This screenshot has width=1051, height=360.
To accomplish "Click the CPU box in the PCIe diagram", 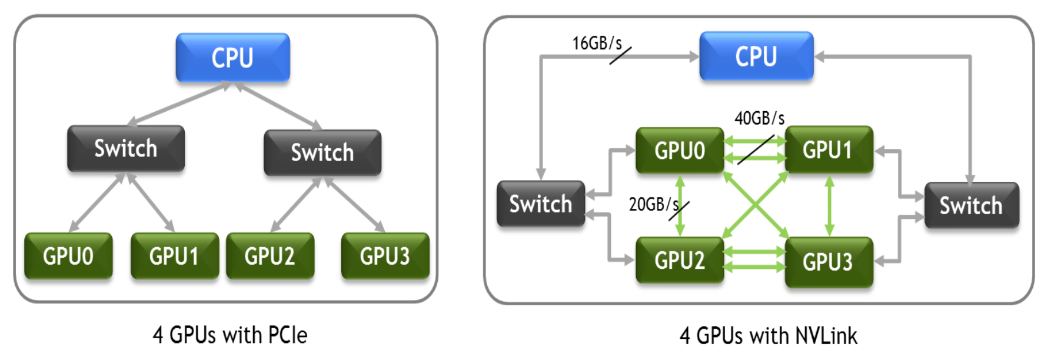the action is point(233,57).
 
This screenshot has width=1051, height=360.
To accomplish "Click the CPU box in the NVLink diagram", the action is point(757,56).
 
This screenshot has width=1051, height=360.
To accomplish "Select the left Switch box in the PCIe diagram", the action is point(126,148).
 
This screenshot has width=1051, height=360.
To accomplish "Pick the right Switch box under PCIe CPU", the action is point(322,152).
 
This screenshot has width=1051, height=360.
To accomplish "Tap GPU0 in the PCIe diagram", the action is point(68,256).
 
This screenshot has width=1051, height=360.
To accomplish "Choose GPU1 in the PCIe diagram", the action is point(175,256).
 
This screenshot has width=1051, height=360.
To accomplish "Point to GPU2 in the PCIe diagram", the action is point(270,256).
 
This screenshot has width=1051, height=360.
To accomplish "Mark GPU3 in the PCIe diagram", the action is point(385,256).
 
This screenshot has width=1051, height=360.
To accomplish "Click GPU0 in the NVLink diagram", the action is point(680,151).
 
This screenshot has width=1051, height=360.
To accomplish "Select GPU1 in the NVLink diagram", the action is point(829,149).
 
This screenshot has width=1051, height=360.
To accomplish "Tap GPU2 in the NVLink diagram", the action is point(680,260).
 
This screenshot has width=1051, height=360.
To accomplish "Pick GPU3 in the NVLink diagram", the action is point(829,262).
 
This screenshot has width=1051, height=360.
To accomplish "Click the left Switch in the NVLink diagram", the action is point(541,204).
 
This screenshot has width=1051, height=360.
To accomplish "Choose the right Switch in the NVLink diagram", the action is point(972,205).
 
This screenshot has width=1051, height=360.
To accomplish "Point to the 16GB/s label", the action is point(597,44).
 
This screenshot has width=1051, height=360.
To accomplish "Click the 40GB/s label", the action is point(759,118).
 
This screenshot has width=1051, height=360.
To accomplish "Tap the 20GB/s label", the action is point(654,204).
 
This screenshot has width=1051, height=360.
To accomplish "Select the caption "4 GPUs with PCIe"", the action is point(230,335).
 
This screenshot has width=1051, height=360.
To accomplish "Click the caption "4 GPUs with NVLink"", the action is point(769,336).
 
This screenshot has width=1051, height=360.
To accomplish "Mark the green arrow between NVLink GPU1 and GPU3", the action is point(829,205).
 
